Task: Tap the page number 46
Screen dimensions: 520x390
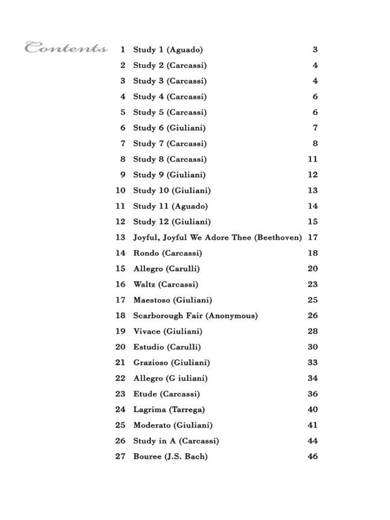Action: tap(312, 456)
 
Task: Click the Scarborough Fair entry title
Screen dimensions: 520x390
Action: tap(195, 316)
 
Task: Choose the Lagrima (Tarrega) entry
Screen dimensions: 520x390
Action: tap(169, 410)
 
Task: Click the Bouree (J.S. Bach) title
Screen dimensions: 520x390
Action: tap(170, 457)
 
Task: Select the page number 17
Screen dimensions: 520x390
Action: tap(312, 238)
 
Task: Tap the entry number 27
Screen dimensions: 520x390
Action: tap(120, 456)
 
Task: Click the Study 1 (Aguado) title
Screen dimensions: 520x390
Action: tap(168, 50)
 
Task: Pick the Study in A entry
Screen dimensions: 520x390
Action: tap(176, 441)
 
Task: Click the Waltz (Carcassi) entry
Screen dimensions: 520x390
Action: tap(166, 285)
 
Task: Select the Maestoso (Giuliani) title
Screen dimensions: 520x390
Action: tap(172, 300)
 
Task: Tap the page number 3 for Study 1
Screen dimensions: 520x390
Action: tap(315, 50)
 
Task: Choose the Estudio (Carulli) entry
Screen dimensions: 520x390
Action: tap(167, 347)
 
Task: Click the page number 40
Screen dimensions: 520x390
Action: tap(312, 410)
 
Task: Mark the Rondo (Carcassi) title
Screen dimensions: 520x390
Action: tap(167, 253)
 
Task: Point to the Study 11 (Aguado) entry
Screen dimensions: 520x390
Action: tap(170, 206)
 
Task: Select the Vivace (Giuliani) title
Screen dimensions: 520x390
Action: tap(167, 332)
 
